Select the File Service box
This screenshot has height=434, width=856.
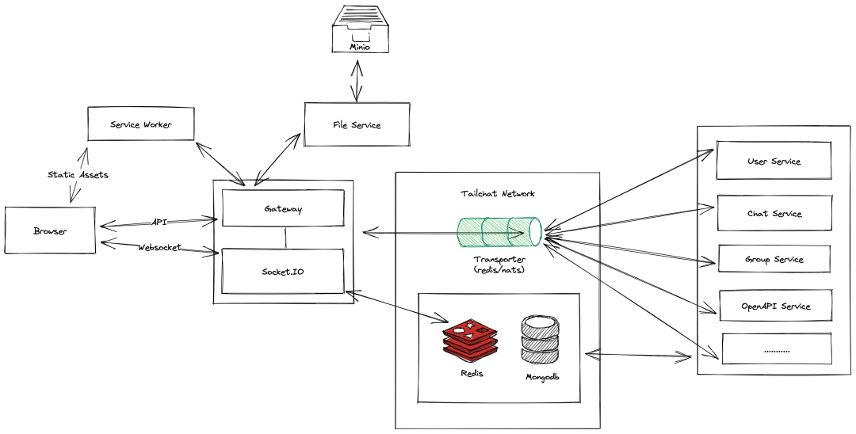pyautogui.click(x=357, y=124)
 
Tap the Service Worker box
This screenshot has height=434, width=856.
pyautogui.click(x=140, y=124)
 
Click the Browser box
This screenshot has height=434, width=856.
pyautogui.click(x=50, y=230)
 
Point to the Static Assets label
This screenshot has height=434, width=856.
pyautogui.click(x=77, y=174)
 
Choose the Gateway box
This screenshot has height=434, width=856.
pyautogui.click(x=283, y=209)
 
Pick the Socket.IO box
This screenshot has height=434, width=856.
pyautogui.click(x=283, y=271)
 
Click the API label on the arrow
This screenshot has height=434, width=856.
pyautogui.click(x=159, y=222)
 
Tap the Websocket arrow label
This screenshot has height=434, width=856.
pyautogui.click(x=159, y=247)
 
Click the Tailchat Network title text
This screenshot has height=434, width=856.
pyautogui.click(x=498, y=193)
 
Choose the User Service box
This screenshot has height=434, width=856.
pyautogui.click(x=774, y=161)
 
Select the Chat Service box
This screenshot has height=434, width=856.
pyautogui.click(x=774, y=213)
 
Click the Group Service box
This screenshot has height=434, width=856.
pyautogui.click(x=774, y=259)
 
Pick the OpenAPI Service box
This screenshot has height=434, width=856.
pyautogui.click(x=775, y=306)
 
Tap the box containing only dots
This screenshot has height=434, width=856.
pyautogui.click(x=776, y=348)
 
